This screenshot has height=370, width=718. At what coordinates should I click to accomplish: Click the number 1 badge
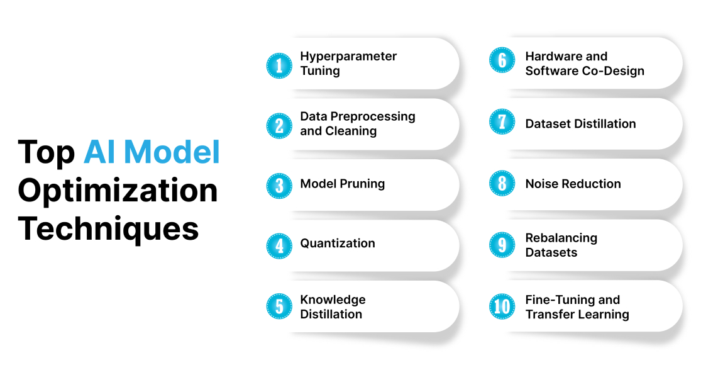tap(279, 64)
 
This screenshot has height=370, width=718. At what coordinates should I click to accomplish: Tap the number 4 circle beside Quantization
tap(279, 245)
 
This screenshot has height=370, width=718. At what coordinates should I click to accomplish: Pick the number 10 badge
tap(502, 306)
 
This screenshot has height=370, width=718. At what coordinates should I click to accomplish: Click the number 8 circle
tap(502, 184)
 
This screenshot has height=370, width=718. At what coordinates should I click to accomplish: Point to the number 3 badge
tap(279, 186)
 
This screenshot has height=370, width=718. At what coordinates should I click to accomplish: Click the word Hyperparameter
tap(348, 57)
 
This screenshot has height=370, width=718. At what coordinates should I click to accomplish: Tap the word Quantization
tap(338, 244)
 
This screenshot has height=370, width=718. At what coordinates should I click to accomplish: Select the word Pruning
tap(363, 184)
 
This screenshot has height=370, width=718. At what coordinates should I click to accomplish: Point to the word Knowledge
tap(333, 300)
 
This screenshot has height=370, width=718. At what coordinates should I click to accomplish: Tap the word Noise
tap(542, 184)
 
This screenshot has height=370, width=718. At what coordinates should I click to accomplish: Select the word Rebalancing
tap(561, 238)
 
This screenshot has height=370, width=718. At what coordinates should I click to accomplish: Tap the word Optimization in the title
tap(118, 191)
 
